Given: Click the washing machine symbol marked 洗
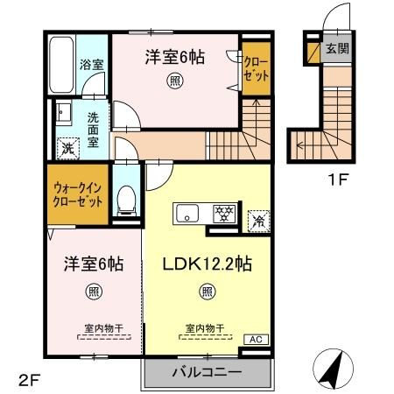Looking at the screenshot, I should tap(66, 148).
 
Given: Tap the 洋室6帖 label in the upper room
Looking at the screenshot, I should tap(175, 57).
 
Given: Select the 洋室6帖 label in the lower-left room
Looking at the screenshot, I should tap(92, 264).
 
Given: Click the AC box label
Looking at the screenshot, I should tap(257, 338).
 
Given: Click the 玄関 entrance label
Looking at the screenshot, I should tap(336, 49).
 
